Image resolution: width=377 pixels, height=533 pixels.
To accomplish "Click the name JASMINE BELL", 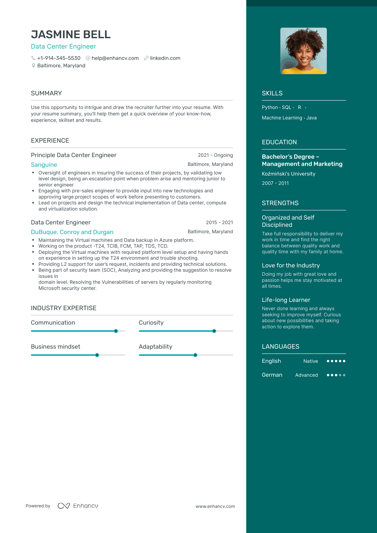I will (x=71, y=34).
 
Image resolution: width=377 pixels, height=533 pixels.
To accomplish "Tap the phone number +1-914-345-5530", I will (x=59, y=58).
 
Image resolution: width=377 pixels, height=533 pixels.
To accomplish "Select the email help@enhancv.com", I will (x=115, y=58).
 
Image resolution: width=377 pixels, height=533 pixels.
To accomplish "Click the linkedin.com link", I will (x=165, y=58).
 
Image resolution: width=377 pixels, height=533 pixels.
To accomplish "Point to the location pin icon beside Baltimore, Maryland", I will (x=33, y=65).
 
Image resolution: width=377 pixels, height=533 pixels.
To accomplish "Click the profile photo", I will (x=303, y=51).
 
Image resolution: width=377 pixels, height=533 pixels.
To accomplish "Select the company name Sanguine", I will (x=44, y=165).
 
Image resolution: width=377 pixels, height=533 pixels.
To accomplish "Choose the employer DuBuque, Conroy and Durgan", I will (x=72, y=232).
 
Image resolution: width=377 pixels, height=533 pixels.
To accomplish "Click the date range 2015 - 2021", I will (x=219, y=222).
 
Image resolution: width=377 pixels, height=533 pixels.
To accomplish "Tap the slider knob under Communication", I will (x=116, y=331).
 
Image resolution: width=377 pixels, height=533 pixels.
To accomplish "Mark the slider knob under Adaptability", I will (x=195, y=355).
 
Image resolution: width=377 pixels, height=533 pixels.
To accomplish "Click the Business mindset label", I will (x=55, y=347).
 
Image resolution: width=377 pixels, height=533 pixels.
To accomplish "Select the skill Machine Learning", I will (x=282, y=118).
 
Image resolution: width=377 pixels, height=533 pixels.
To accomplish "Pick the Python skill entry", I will (x=270, y=107).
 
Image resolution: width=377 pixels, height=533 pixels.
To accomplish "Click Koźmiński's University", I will (x=288, y=174).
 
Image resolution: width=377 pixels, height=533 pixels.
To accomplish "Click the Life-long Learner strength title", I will (x=286, y=300).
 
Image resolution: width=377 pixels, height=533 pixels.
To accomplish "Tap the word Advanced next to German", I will (x=306, y=375).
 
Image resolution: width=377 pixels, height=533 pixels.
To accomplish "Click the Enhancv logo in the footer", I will (x=78, y=506).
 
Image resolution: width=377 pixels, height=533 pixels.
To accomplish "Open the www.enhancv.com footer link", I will (x=215, y=506).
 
